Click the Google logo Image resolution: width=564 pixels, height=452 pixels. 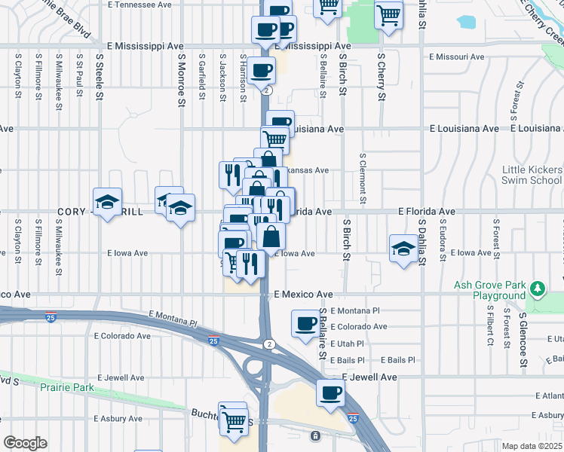(x=25, y=443)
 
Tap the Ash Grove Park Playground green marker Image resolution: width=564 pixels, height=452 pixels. (x=537, y=289)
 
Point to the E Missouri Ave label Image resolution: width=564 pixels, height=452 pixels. (x=456, y=56)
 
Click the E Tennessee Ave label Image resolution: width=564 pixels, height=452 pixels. (x=141, y=5)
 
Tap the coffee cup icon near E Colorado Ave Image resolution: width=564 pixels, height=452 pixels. (x=305, y=324)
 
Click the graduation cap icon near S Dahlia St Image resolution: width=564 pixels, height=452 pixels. (x=403, y=249)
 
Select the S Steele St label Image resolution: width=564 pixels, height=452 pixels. (x=98, y=76)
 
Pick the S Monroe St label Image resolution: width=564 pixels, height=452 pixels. (x=181, y=76)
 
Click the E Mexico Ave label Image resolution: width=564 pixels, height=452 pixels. (x=303, y=294)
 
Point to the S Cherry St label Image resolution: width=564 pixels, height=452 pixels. (x=382, y=76)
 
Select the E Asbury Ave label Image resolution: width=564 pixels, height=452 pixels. (x=118, y=418)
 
